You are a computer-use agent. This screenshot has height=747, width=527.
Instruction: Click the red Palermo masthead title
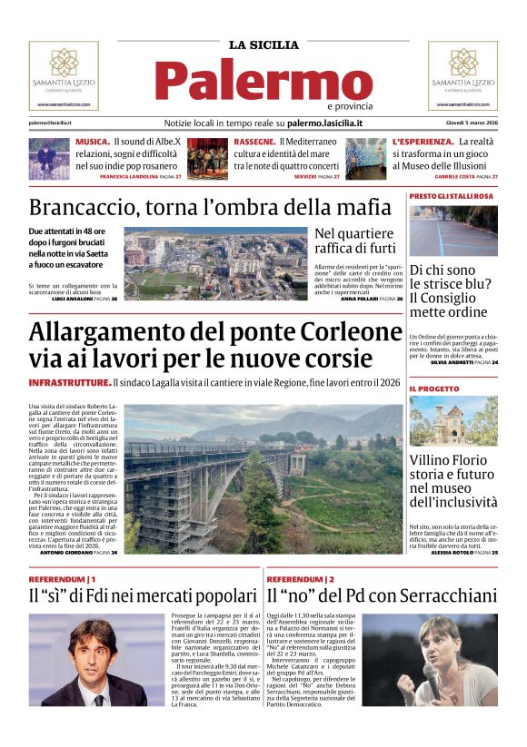263,82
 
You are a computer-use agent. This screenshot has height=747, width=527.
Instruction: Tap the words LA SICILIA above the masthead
263,44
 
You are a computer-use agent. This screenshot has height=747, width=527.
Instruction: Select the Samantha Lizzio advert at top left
64,74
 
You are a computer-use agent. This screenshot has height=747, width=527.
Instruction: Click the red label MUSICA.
93,143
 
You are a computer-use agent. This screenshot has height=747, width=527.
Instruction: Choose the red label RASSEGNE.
254,143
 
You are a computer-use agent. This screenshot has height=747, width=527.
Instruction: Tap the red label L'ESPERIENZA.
423,143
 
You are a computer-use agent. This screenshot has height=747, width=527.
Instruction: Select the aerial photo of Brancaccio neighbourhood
216,263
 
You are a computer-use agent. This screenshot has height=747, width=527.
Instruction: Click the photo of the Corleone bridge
263,477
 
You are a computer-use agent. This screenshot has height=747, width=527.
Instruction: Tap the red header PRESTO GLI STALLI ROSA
452,196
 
